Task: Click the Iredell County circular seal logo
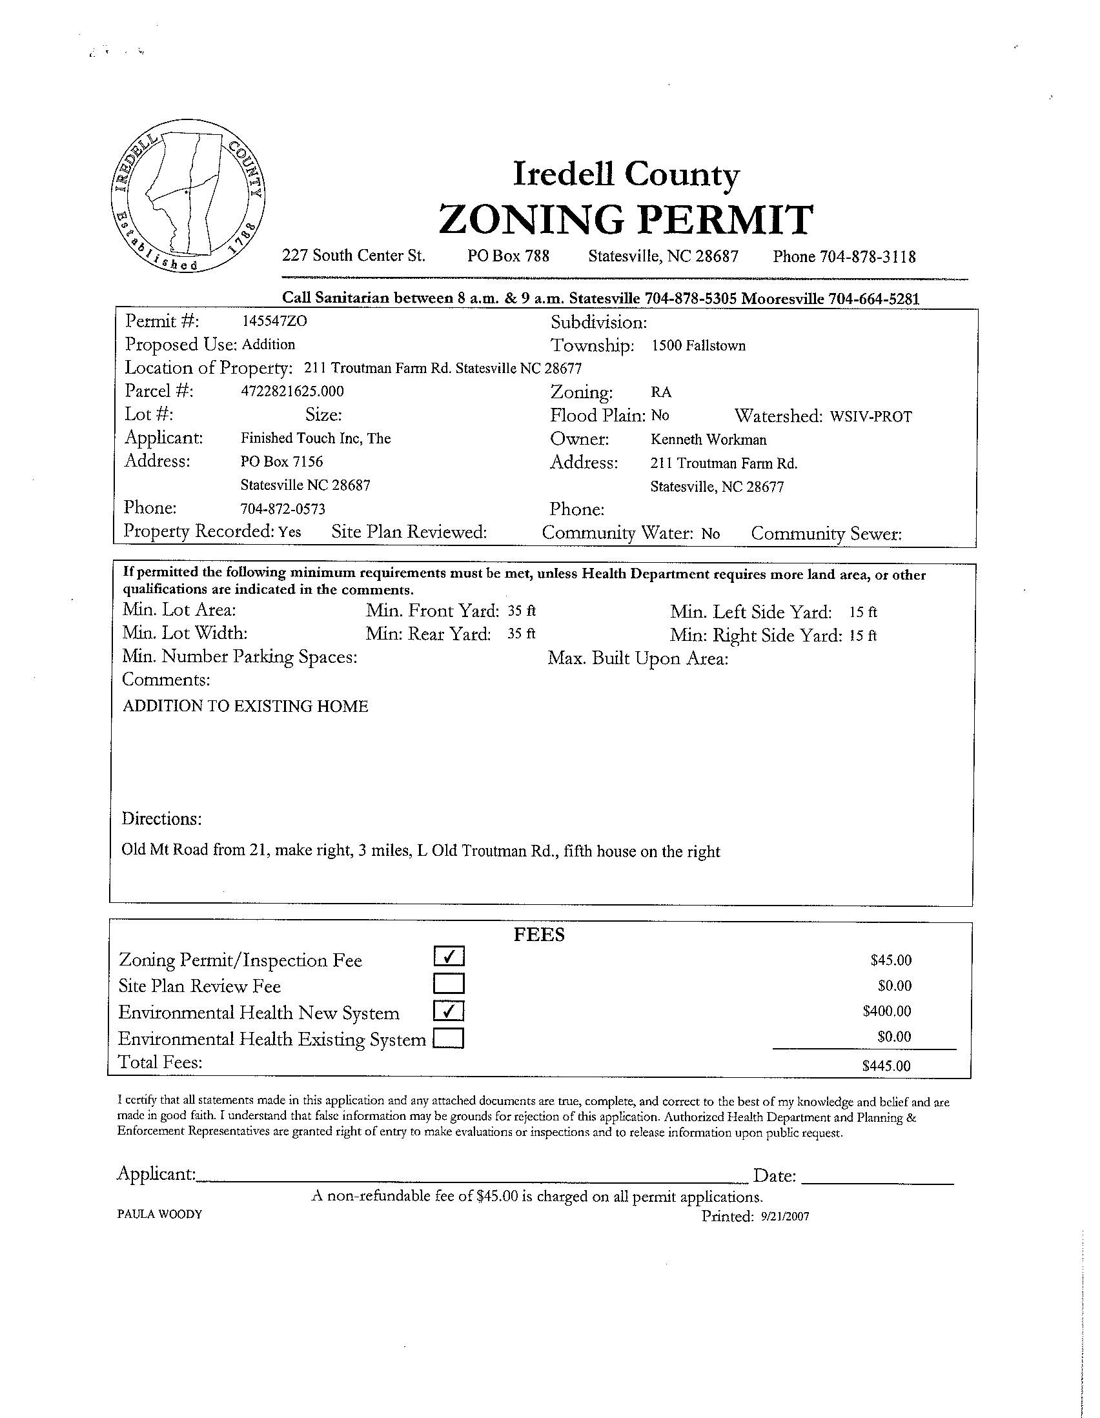click(188, 196)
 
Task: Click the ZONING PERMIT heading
click(626, 219)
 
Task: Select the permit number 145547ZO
click(270, 321)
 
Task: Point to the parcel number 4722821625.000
click(292, 392)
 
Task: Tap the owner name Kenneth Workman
click(708, 440)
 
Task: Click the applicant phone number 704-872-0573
click(283, 509)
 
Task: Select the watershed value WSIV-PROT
click(871, 417)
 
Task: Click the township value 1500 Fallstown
click(698, 345)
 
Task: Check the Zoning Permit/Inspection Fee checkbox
click(449, 957)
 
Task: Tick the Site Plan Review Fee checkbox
click(449, 984)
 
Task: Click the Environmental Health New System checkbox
click(449, 1011)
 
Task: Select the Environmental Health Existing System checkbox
click(449, 1039)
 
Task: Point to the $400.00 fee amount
click(887, 1011)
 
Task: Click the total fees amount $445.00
click(887, 1066)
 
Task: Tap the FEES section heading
click(539, 935)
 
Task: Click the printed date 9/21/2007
click(784, 1217)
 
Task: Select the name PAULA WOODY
click(159, 1214)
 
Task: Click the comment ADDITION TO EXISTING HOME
click(245, 706)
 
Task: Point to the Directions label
click(161, 819)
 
